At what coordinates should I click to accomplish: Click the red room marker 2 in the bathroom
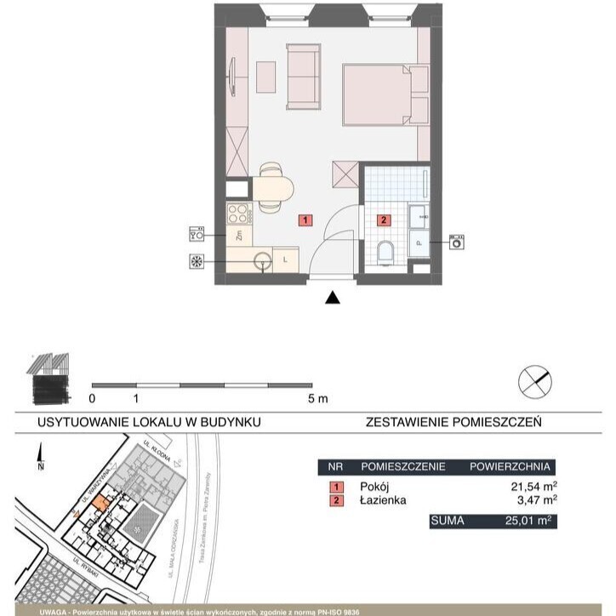pos(384,220)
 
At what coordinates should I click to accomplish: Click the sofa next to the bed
pos(303,77)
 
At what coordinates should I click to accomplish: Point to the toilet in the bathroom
pos(385,253)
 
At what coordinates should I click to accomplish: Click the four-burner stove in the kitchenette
pos(236,213)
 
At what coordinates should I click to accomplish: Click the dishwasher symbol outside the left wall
pos(197,233)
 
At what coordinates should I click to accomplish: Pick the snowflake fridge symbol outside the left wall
pos(197,262)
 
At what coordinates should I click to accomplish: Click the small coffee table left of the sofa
pos(267,77)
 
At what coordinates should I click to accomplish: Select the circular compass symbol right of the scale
pos(535,379)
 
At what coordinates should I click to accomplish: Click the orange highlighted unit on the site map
pos(100,504)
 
